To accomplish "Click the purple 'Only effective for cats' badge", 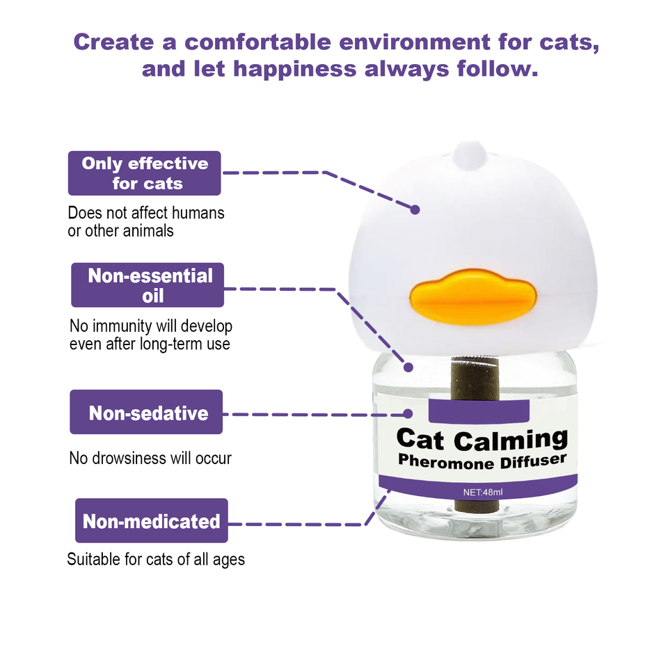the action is pyautogui.click(x=144, y=173).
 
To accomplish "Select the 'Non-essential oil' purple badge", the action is pyautogui.click(x=148, y=285).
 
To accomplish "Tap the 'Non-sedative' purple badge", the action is pyautogui.click(x=146, y=413).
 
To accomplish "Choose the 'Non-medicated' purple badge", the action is pyautogui.click(x=151, y=520).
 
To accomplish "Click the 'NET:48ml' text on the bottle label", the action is pyautogui.click(x=482, y=493).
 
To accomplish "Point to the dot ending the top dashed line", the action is pyautogui.click(x=415, y=209).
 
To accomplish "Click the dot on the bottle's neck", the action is pyautogui.click(x=408, y=367).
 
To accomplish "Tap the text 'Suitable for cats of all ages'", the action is pyautogui.click(x=156, y=559).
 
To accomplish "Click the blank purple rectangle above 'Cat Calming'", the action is pyautogui.click(x=475, y=411).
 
